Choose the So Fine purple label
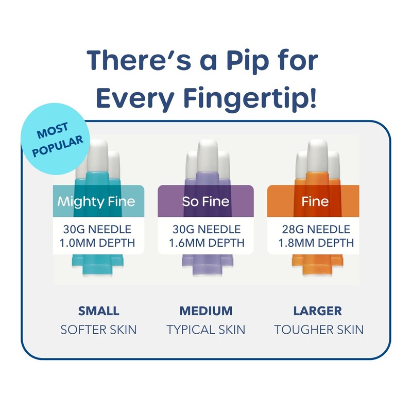pyautogui.click(x=205, y=201)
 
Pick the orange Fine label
pyautogui.click(x=315, y=201)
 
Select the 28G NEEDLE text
pyautogui.click(x=315, y=229)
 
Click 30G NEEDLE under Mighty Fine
pyautogui.click(x=98, y=229)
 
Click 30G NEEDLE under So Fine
pyautogui.click(x=205, y=229)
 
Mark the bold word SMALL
pyautogui.click(x=98, y=311)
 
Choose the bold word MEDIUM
pyautogui.click(x=206, y=311)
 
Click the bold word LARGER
pyautogui.click(x=317, y=311)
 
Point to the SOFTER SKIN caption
pyautogui.click(x=98, y=329)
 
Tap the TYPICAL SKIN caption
pyautogui.click(x=206, y=329)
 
